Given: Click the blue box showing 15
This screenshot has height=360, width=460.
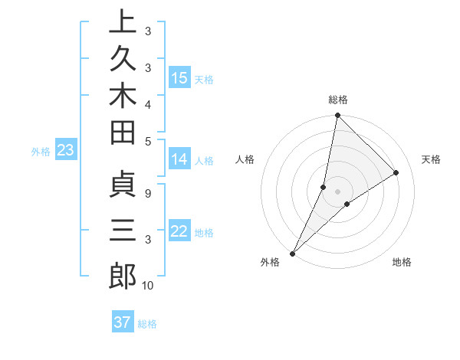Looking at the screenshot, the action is click(x=179, y=78).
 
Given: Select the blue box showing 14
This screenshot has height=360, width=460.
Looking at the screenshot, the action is click(x=179, y=159).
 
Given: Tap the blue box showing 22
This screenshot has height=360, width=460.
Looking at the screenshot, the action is click(x=179, y=231).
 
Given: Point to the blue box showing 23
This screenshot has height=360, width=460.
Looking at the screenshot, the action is click(x=65, y=151).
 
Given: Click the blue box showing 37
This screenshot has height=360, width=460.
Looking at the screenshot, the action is click(x=123, y=322).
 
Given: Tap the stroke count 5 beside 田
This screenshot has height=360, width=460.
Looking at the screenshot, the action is click(x=147, y=140).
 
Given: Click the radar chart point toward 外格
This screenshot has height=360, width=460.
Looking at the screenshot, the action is click(x=293, y=253).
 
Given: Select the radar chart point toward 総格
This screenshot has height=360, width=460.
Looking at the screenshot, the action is click(x=337, y=116).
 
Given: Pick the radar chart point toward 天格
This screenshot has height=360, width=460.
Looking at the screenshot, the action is click(x=396, y=173).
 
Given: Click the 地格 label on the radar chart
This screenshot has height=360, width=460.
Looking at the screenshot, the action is click(x=402, y=263).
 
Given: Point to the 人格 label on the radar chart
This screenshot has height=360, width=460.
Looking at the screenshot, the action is click(x=245, y=159).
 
